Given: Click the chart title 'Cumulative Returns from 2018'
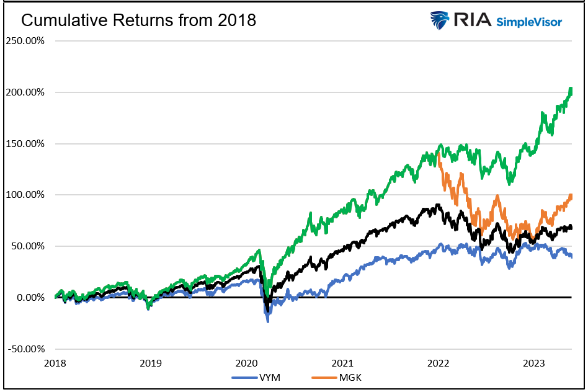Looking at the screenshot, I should click(x=139, y=20).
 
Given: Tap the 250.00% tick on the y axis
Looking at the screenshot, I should click(x=24, y=41).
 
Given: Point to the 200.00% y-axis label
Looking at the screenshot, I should click(x=24, y=92).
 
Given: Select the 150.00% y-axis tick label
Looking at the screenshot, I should click(x=24, y=144).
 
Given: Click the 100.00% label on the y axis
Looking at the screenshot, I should click(x=24, y=195).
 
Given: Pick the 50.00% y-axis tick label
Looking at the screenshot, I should click(x=27, y=246).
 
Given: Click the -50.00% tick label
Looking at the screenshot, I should click(x=25, y=349).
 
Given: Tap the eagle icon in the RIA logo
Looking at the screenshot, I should click(x=440, y=20).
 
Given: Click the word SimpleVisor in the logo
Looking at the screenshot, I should click(x=529, y=22).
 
